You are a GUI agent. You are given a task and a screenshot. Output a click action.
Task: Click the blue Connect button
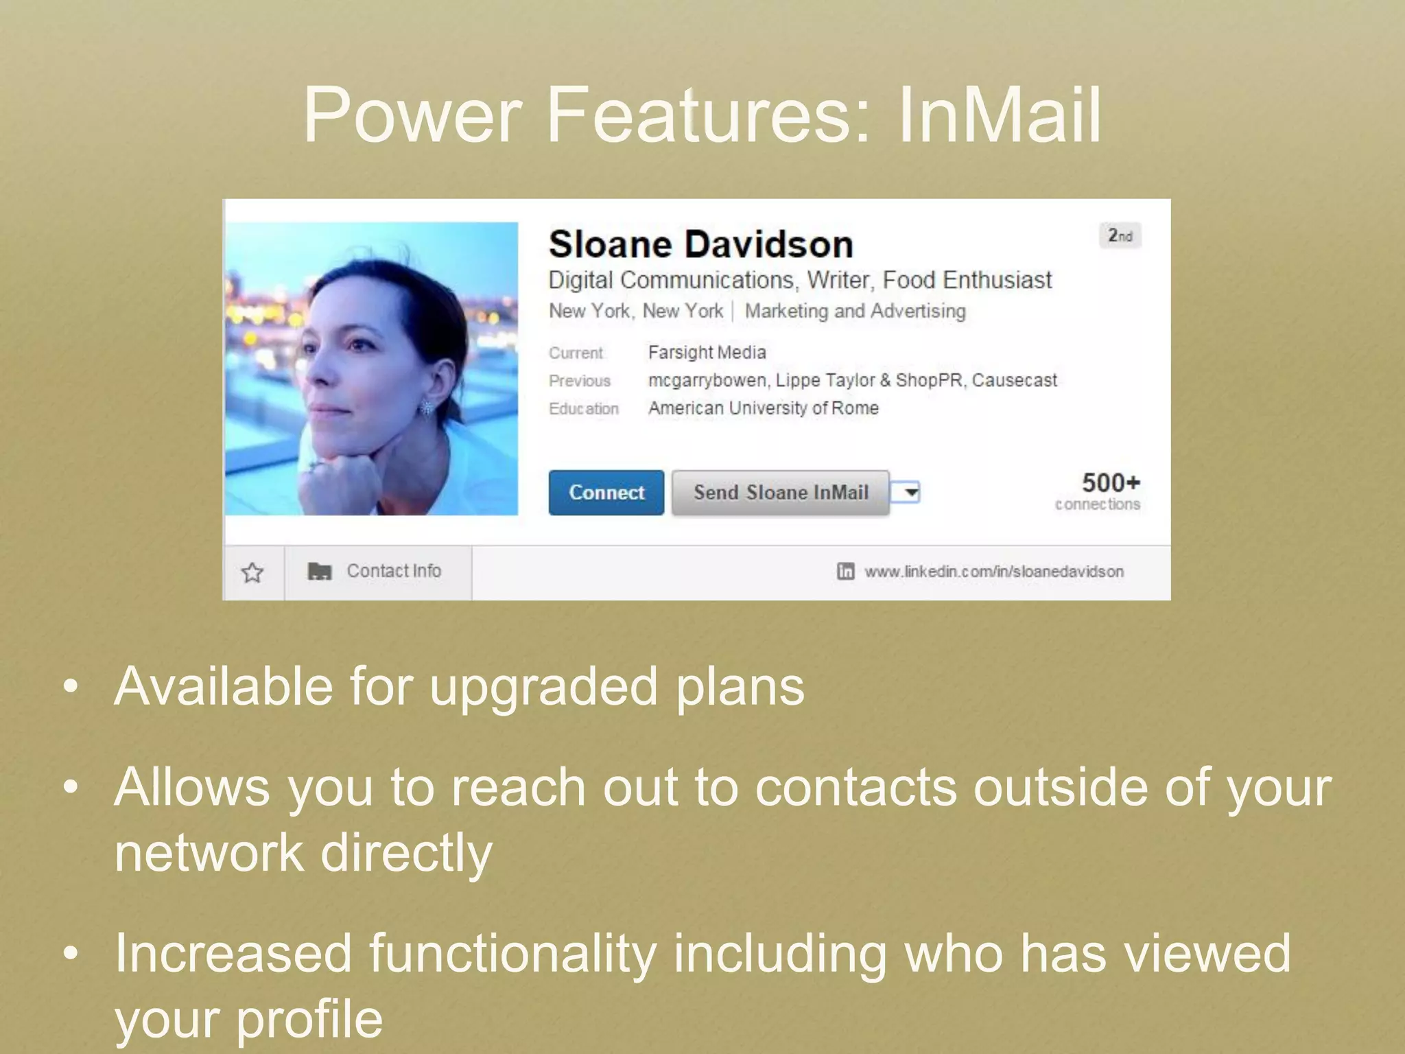tap(606, 492)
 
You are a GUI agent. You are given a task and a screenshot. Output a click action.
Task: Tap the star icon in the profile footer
tap(252, 572)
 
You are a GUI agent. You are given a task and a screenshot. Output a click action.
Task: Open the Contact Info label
tap(393, 571)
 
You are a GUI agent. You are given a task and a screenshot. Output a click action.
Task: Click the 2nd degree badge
tap(1120, 236)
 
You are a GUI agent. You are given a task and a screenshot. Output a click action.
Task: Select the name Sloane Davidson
tap(700, 244)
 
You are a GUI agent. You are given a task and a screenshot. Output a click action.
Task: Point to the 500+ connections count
tap(1109, 483)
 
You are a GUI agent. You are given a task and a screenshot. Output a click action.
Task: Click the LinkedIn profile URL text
tap(993, 572)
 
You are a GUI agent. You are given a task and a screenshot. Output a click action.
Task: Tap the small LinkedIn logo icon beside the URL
tap(845, 571)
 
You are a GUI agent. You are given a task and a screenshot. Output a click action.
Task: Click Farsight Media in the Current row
tap(707, 353)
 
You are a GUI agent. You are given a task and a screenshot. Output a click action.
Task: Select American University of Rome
tap(763, 408)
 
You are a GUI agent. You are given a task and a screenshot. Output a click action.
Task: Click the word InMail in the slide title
tap(999, 115)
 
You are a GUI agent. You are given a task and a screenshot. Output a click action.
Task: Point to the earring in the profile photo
tap(427, 407)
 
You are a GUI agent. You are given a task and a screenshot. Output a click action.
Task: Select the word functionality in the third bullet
tap(513, 953)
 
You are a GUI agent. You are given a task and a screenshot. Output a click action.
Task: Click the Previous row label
tap(579, 381)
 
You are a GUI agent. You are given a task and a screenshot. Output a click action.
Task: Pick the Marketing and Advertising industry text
tap(855, 312)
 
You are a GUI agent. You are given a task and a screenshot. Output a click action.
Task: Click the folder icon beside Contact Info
tap(319, 571)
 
